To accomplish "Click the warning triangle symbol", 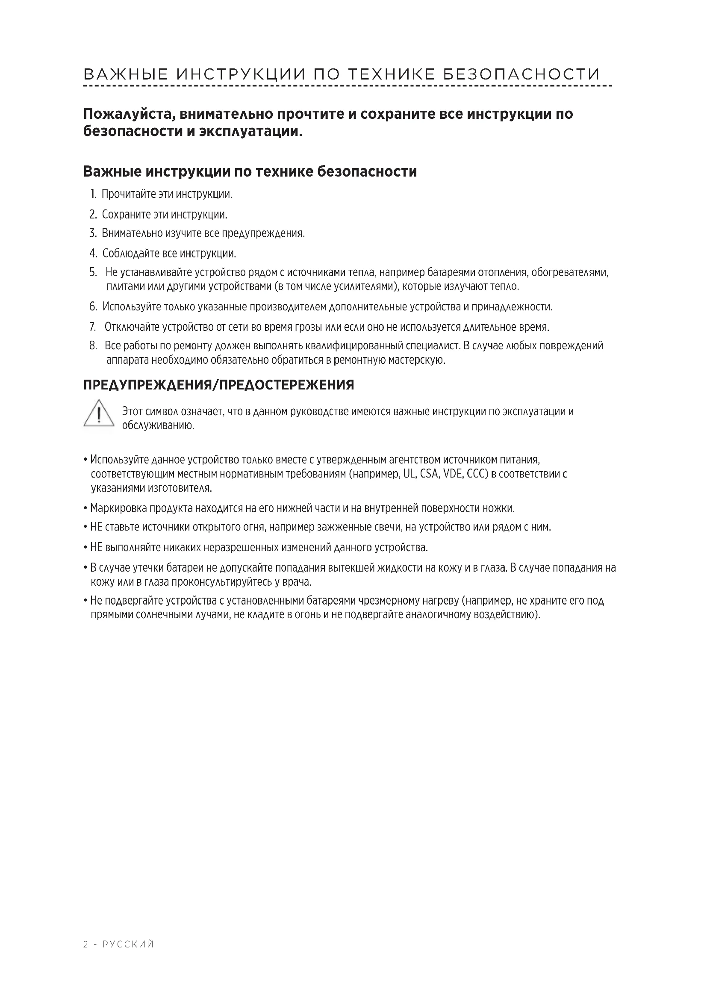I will tap(99, 413).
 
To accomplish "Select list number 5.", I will tap(93, 273).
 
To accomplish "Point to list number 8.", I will tap(93, 346).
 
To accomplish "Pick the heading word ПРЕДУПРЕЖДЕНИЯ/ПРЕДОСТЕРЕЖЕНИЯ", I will tap(218, 386).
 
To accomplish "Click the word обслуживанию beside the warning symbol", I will tap(158, 425).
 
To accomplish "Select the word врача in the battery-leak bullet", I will tap(299, 582).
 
